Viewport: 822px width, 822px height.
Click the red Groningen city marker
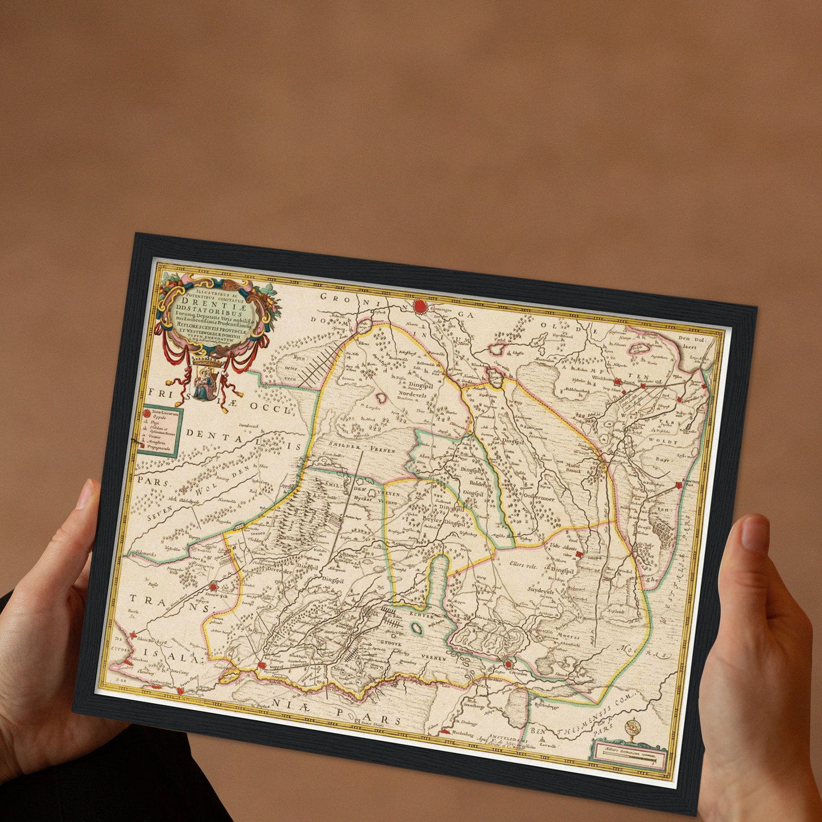coord(420,307)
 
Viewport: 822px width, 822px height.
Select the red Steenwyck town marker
coord(213,587)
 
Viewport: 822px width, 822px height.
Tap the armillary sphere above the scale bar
coord(632,729)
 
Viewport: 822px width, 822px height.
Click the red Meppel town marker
coord(262,664)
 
